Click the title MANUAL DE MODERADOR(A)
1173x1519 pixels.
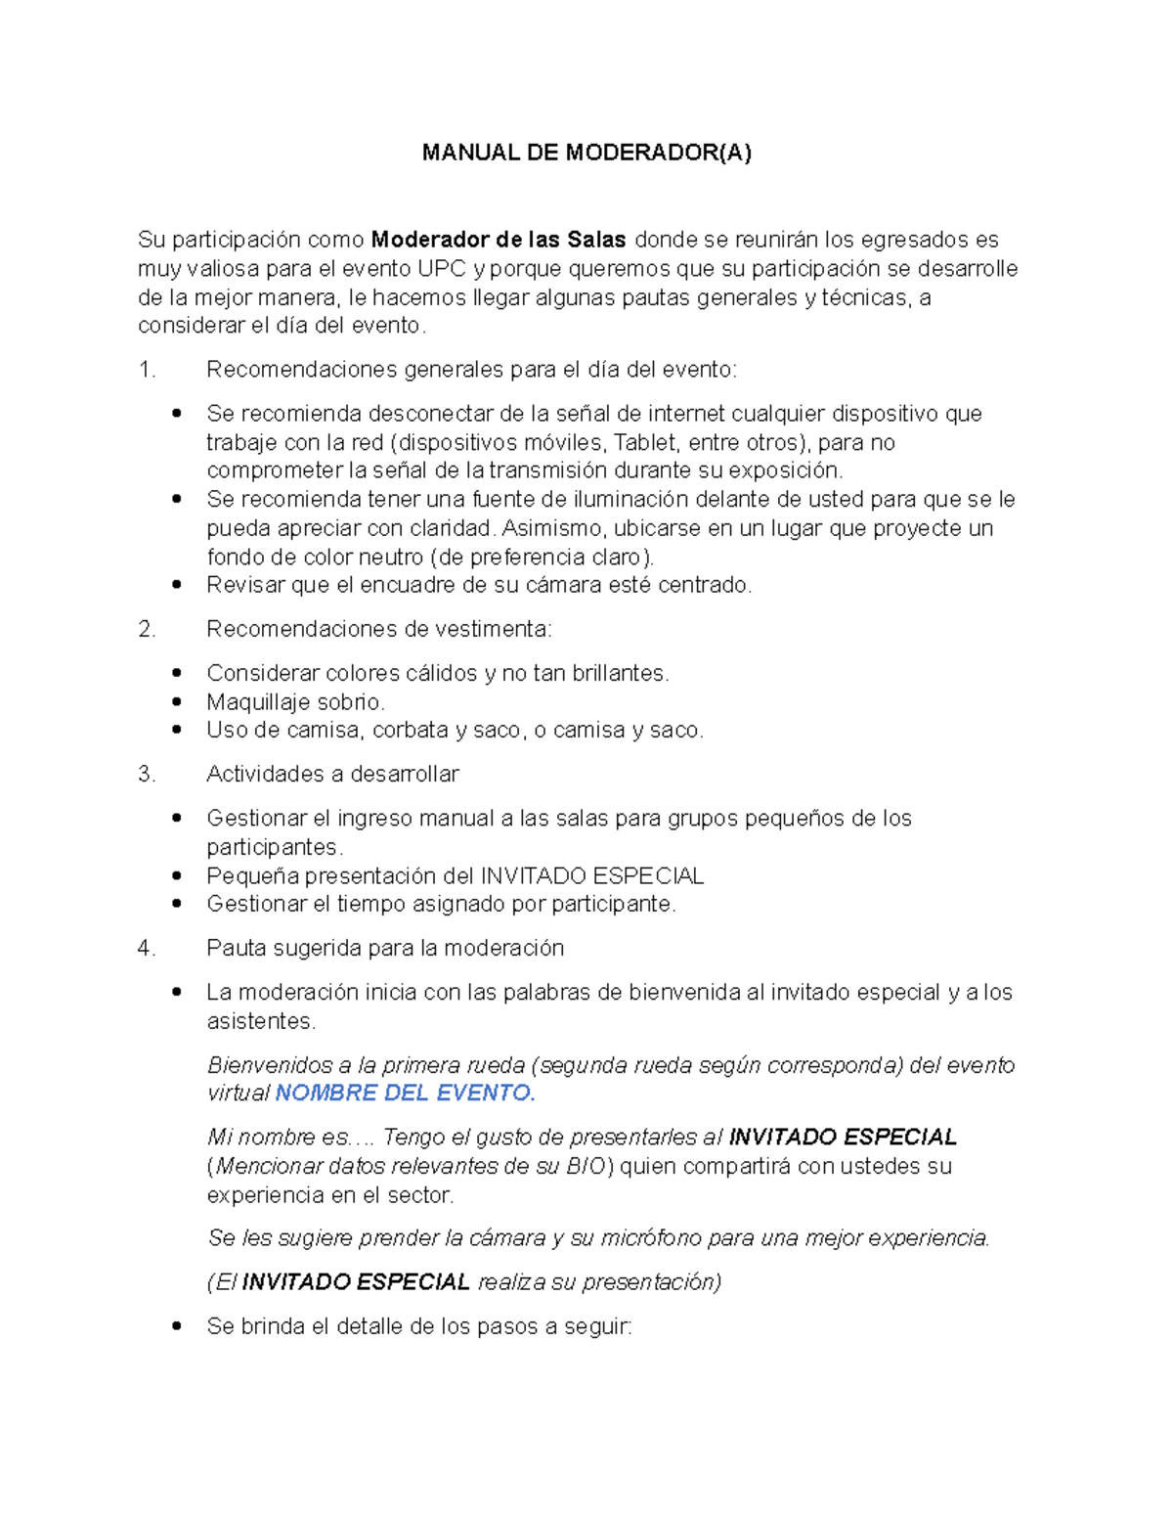tap(586, 153)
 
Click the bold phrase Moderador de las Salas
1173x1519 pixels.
tap(499, 240)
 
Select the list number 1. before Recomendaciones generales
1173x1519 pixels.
tap(148, 370)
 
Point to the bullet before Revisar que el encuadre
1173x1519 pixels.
tap(177, 585)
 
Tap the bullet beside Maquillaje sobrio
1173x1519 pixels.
tap(177, 701)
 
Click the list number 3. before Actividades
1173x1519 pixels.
tap(148, 775)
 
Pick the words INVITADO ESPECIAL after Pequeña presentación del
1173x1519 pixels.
tap(592, 875)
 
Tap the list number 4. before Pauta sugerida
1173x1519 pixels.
tap(148, 949)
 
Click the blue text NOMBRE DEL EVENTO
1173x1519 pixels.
tap(405, 1094)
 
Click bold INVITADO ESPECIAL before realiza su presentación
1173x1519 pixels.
tap(356, 1282)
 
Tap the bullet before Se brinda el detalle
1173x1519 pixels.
tap(177, 1326)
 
